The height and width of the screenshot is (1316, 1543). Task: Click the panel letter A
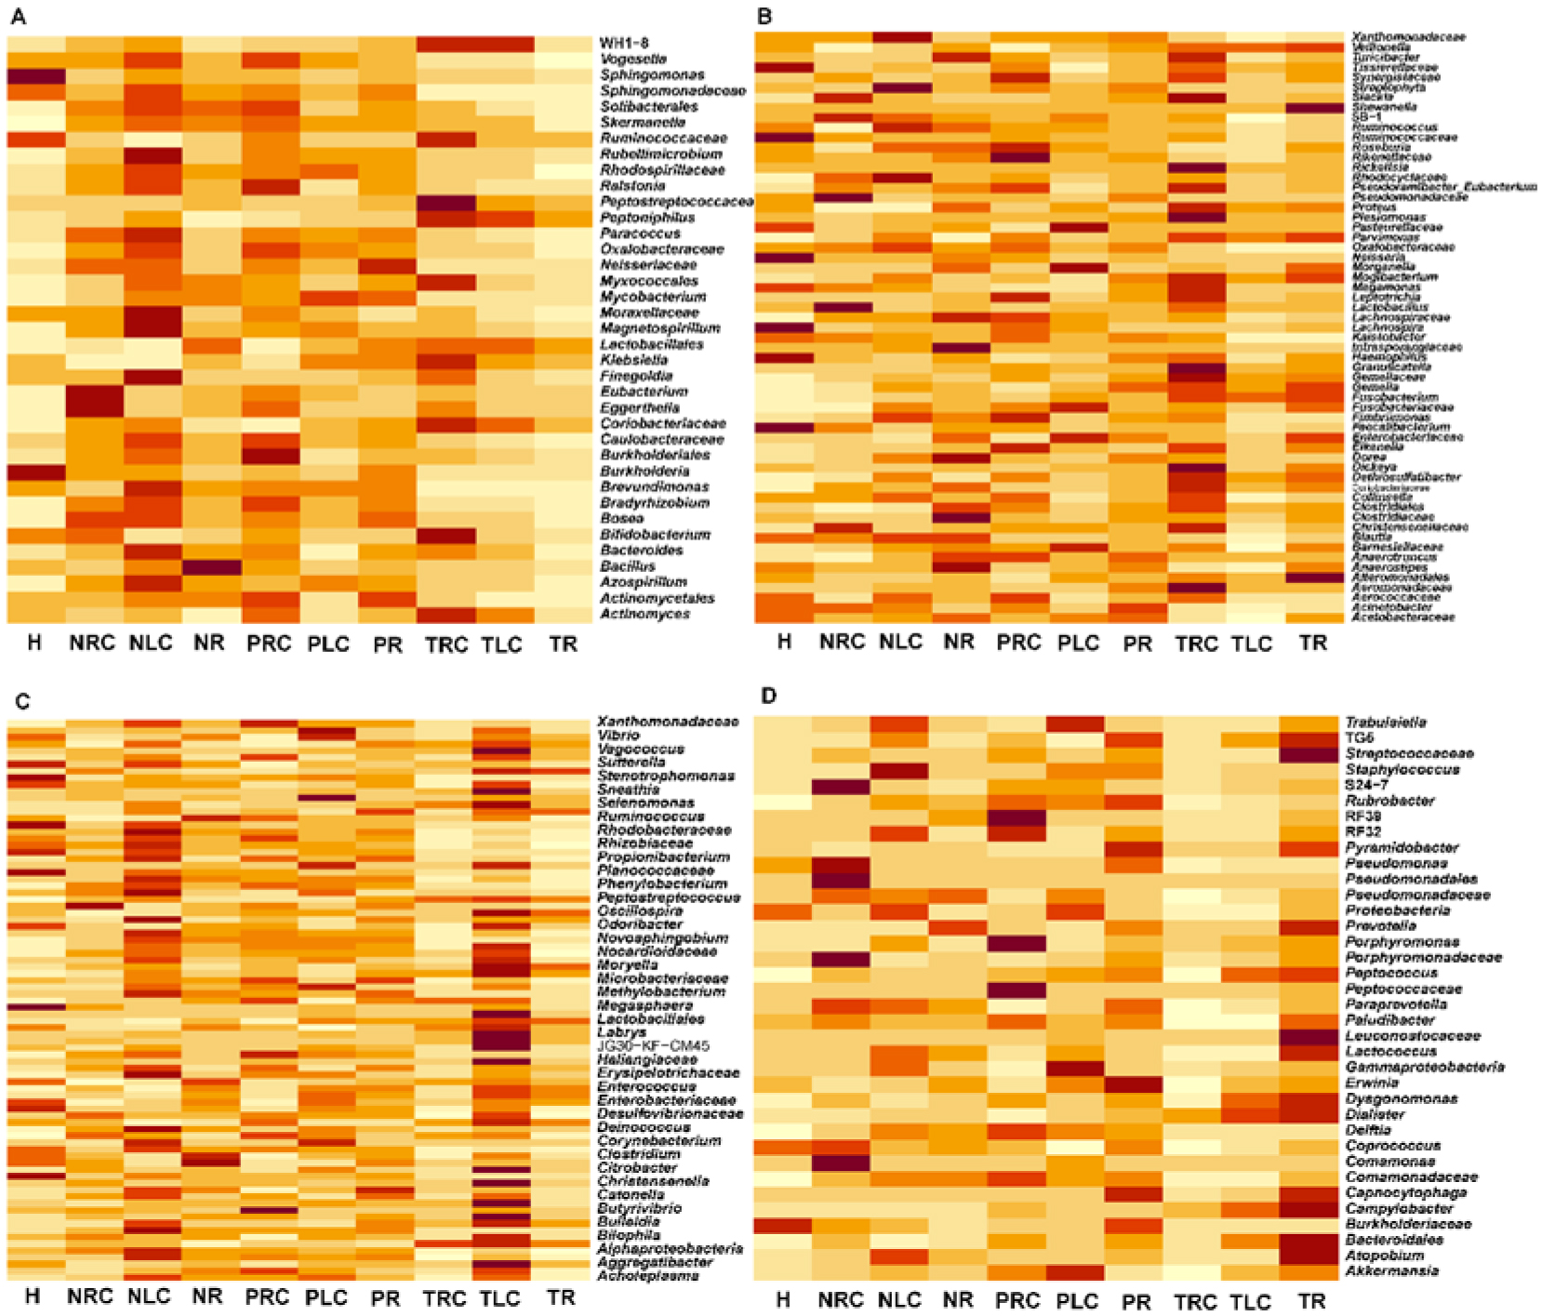click(18, 17)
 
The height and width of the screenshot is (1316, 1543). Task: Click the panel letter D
click(768, 696)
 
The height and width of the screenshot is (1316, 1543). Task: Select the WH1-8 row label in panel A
click(624, 43)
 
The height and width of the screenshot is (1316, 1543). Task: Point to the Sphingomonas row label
click(652, 74)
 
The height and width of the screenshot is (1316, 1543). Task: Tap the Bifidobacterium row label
click(655, 535)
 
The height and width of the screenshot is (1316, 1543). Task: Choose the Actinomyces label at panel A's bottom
click(645, 614)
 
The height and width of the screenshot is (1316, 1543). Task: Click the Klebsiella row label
click(633, 359)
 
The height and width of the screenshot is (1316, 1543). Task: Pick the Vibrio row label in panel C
click(619, 735)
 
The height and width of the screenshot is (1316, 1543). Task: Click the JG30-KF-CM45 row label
click(653, 1045)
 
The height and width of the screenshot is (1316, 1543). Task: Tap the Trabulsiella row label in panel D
click(1386, 722)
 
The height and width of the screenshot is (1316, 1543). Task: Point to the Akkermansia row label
click(1391, 1270)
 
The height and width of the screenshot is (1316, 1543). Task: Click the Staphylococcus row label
click(1403, 769)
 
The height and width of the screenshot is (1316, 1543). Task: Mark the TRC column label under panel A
click(446, 645)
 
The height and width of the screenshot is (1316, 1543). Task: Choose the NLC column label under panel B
click(900, 643)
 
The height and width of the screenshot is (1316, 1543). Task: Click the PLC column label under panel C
click(326, 1297)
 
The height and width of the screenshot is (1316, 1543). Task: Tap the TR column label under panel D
click(1312, 1300)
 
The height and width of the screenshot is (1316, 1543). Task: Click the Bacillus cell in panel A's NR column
click(211, 566)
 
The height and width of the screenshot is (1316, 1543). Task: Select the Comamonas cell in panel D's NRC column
click(841, 1162)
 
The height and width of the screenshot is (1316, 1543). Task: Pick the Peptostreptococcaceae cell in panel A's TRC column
click(446, 203)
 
